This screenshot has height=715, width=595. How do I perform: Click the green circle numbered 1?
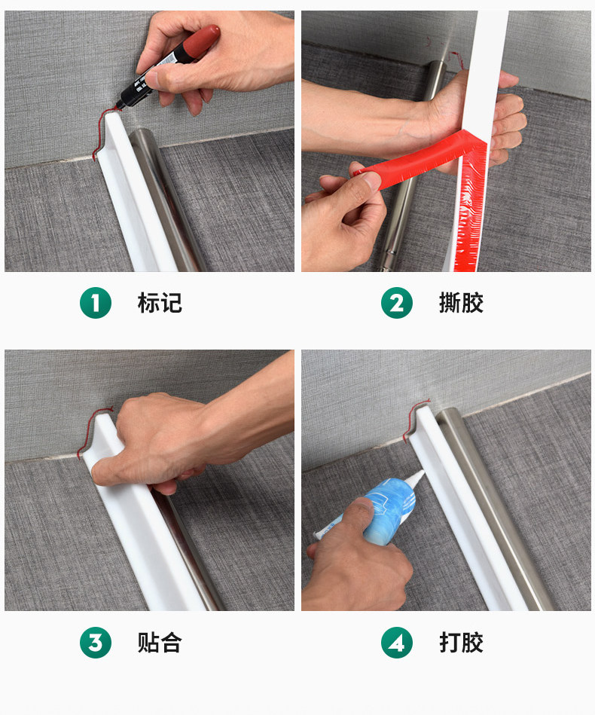click(x=96, y=303)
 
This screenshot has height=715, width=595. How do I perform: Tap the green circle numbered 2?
click(x=397, y=303)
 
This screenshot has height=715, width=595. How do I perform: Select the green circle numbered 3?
click(x=96, y=643)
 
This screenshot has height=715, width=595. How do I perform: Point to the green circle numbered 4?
click(x=397, y=643)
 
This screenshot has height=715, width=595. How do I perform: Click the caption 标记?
click(x=160, y=303)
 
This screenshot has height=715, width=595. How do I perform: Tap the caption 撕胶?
click(x=461, y=303)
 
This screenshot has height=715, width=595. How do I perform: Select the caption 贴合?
click(x=160, y=643)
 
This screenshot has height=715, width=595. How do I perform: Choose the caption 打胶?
click(x=461, y=643)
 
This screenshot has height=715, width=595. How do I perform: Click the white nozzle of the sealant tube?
click(x=414, y=478)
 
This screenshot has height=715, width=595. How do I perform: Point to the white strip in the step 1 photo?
click(x=137, y=191)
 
